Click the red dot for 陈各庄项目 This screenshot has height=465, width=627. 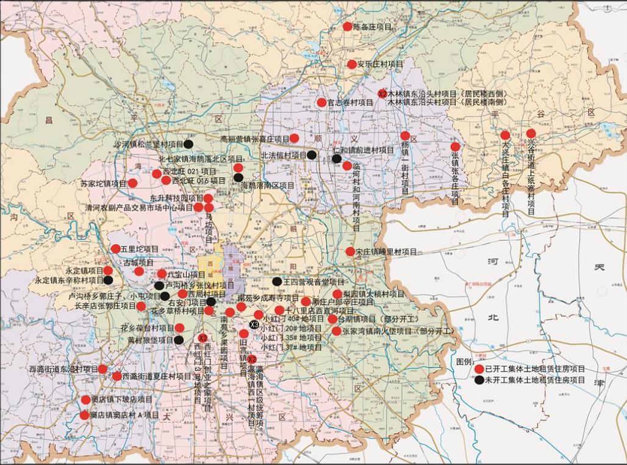click(348, 26)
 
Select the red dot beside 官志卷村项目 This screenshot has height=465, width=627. click(321, 103)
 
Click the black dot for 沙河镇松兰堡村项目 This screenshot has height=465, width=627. click(189, 145)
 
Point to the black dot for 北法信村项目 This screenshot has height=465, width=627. click(312, 155)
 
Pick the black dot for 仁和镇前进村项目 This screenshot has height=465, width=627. click(337, 159)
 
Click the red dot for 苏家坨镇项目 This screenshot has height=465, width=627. click(132, 183)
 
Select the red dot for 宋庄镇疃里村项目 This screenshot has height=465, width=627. click(350, 251)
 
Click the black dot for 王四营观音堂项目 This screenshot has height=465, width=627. click(277, 282)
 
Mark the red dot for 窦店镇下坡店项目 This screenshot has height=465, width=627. click(86, 400)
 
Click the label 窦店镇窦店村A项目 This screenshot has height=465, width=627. click(124, 416)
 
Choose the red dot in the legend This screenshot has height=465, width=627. click(479, 369)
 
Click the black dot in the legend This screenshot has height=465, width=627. click(479, 380)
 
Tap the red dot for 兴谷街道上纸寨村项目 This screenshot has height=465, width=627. click(531, 134)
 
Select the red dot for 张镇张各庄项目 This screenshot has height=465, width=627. click(455, 146)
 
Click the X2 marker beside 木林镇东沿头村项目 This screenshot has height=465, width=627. click(382, 94)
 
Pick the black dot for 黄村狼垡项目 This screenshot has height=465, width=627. click(179, 340)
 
